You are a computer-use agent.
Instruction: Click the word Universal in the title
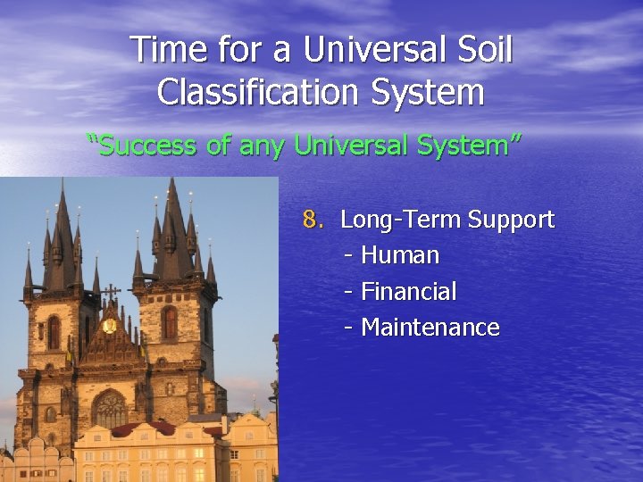pos(379,50)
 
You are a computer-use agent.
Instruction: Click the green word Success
pos(144,145)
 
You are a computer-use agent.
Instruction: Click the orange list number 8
pos(312,220)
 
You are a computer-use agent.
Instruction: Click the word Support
pos(511,220)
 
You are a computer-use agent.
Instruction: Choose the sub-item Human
pos(400,255)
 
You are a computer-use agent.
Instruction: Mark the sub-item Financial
pos(408,292)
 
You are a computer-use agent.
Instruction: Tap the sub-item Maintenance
pos(430,328)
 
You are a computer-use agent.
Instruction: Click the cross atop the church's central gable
pos(111,293)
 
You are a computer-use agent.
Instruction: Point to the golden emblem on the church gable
pos(110,326)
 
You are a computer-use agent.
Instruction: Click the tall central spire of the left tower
pos(63,223)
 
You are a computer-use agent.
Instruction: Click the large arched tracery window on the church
pos(110,409)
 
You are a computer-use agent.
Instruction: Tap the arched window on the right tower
pos(170,322)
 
